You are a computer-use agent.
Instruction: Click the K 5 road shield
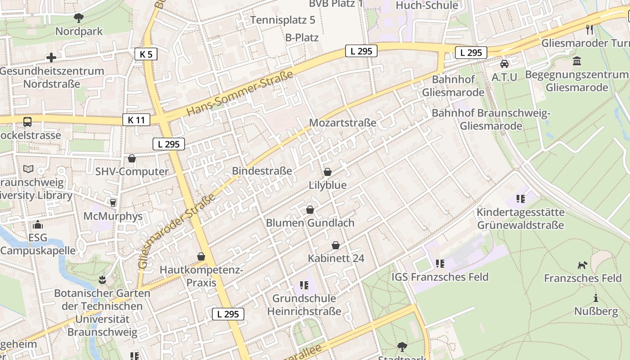[x=146, y=54]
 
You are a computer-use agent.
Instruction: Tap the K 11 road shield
[x=136, y=120]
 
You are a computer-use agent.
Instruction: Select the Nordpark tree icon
[x=79, y=18]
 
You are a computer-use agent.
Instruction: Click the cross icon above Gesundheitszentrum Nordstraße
[x=51, y=58]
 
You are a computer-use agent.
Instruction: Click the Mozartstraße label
[x=342, y=122]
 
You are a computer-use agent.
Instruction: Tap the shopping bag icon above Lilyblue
[x=328, y=172]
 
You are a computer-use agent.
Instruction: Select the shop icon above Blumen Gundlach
[x=310, y=210]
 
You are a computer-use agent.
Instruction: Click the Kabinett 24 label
[x=336, y=258]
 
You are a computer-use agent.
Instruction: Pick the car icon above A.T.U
[x=504, y=64]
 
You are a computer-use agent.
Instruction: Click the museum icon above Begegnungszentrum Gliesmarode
[x=577, y=61]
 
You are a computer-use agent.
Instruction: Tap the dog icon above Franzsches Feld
[x=583, y=265]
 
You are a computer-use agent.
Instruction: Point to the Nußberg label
[x=596, y=311]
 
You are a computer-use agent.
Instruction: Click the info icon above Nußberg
[x=596, y=298]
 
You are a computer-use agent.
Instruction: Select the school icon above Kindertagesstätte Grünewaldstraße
[x=521, y=198]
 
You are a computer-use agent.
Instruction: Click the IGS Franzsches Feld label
[x=440, y=277]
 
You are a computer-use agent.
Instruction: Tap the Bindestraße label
[x=262, y=171]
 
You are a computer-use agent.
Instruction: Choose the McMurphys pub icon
[x=113, y=203]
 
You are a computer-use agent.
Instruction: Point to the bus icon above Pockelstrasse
[x=27, y=122]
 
